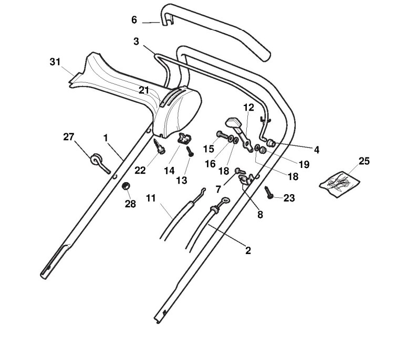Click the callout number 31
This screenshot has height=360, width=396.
55,61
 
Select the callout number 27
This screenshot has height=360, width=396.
68,137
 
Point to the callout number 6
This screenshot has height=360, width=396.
134,20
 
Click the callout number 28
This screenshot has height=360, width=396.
129,204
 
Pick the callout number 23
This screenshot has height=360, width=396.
289,198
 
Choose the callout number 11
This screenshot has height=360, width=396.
151,198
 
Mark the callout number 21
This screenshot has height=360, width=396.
144,90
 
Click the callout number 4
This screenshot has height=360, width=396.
316,150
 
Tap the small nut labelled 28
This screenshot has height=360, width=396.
127,187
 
